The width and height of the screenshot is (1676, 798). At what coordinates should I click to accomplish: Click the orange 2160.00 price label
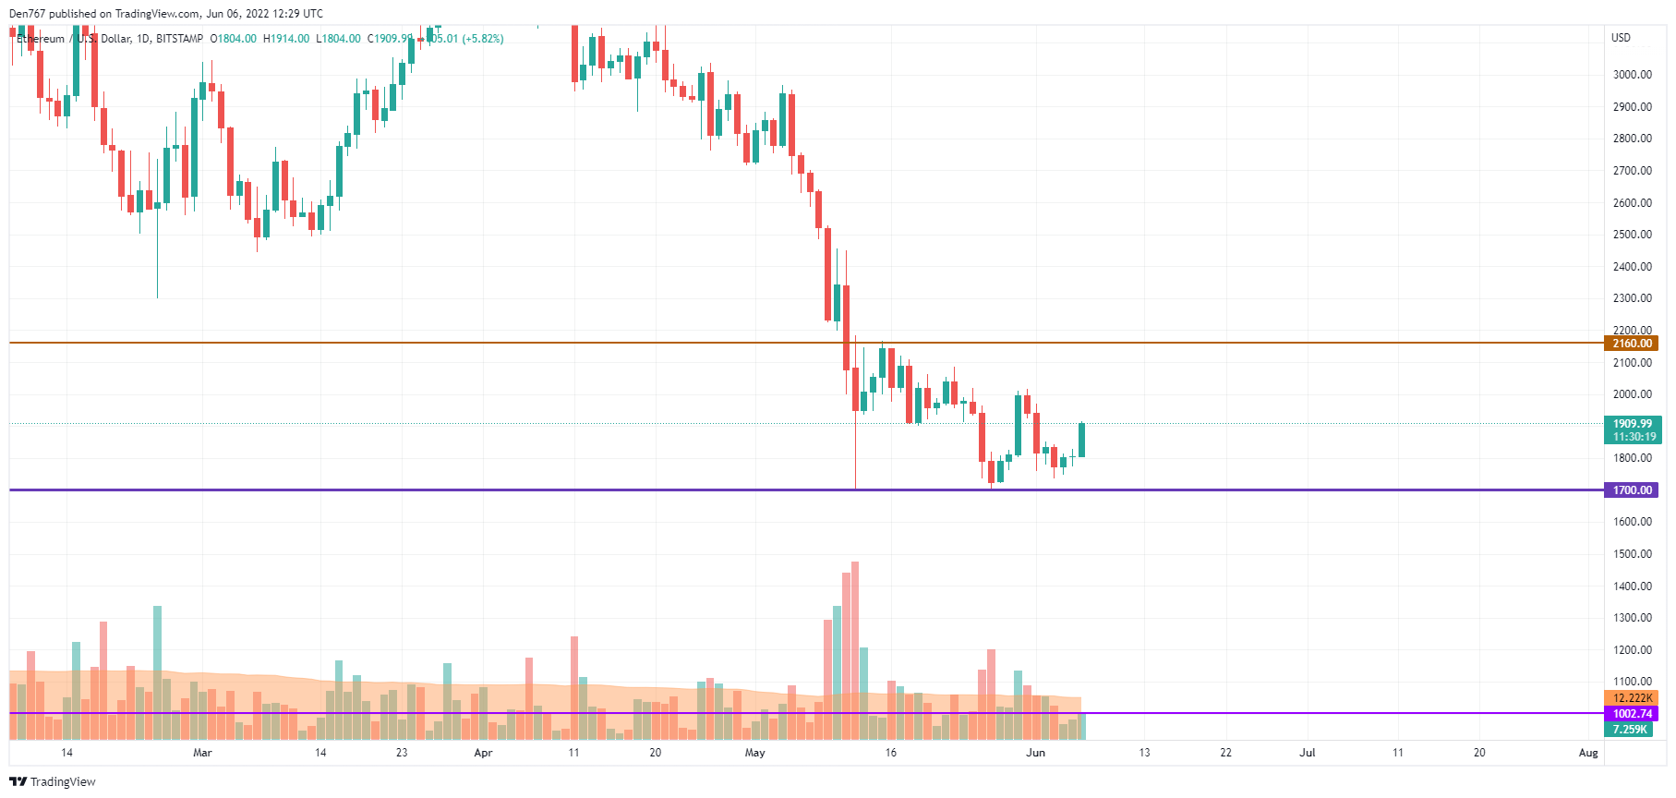(1632, 344)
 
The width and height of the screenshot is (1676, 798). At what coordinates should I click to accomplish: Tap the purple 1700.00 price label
(1632, 490)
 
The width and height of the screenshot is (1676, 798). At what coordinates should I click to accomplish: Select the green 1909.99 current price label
(1632, 424)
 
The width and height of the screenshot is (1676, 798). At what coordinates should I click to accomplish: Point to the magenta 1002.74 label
(1632, 714)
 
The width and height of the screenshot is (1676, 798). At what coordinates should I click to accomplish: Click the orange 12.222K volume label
(1632, 698)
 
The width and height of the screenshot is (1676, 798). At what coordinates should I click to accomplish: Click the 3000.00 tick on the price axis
(1632, 75)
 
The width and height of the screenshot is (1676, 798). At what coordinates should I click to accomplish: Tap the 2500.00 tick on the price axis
(1632, 235)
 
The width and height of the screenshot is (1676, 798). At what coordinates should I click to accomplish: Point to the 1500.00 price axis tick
(1632, 554)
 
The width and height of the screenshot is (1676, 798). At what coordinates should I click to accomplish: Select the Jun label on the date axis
(1035, 753)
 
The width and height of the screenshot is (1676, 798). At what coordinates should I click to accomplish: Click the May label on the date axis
(754, 753)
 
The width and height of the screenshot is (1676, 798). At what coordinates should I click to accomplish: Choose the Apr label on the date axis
(483, 753)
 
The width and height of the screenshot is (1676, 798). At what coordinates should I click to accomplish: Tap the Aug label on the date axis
(1587, 753)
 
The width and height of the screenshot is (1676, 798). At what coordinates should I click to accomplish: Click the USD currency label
(1621, 38)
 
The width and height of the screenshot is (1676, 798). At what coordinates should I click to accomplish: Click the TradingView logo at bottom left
(53, 782)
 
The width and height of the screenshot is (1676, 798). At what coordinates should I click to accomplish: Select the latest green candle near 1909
(1081, 440)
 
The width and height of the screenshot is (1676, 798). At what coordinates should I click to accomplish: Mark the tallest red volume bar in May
(854, 647)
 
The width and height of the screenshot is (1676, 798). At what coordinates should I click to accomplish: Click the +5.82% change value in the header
(483, 39)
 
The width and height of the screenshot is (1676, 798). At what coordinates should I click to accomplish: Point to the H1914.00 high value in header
(286, 39)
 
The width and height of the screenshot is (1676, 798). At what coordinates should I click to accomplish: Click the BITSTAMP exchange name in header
(179, 39)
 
